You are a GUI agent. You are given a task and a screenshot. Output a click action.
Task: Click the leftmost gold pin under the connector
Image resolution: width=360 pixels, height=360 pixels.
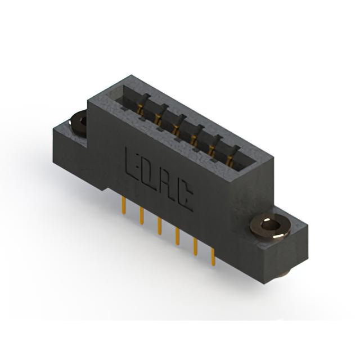[x=124, y=205]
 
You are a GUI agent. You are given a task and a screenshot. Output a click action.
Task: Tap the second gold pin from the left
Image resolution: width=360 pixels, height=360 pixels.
[x=142, y=215]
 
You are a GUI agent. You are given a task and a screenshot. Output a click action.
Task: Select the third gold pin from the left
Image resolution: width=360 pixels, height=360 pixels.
[x=160, y=226]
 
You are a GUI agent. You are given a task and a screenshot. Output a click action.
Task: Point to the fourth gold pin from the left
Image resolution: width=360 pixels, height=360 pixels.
[x=177, y=236]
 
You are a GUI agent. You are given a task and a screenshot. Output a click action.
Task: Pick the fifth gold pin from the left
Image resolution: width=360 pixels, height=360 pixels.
[x=195, y=246]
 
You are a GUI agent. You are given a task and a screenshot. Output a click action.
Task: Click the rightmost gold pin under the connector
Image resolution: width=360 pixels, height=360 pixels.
[x=213, y=257]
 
